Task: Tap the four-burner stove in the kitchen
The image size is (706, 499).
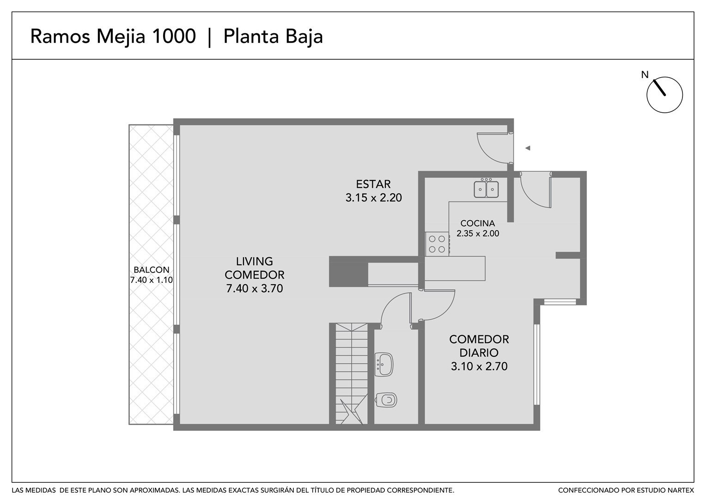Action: click(x=437, y=244)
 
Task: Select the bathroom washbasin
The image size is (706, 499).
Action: click(x=384, y=365)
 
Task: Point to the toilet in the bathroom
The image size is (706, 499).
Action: click(x=386, y=400)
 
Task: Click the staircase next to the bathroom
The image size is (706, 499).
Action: click(x=352, y=374)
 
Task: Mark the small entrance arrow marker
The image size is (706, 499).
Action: click(x=528, y=148)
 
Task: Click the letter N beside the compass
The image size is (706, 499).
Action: click(x=645, y=75)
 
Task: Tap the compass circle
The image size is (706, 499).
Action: click(x=665, y=95)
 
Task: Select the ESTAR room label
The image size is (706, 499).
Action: click(x=373, y=184)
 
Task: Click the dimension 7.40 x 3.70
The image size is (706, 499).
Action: click(x=254, y=288)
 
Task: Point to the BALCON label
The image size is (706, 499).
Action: click(x=151, y=270)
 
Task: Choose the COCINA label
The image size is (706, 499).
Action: click(x=477, y=223)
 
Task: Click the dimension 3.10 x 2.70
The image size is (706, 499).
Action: click(x=479, y=366)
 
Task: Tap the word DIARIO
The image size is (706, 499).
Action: click(x=479, y=353)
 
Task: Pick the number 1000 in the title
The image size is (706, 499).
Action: click(x=174, y=36)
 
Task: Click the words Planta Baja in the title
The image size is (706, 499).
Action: click(x=273, y=37)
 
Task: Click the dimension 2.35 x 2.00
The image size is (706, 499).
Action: click(x=477, y=234)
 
